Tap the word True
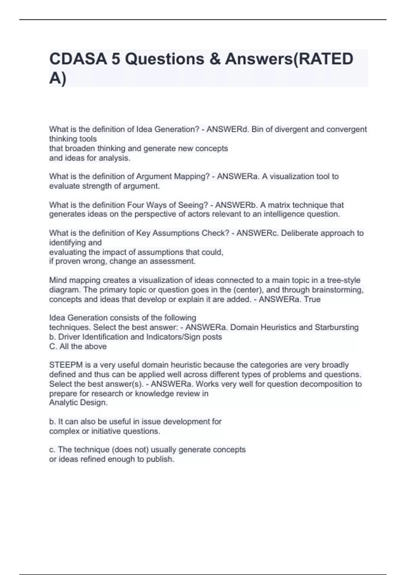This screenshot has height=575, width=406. click(x=312, y=299)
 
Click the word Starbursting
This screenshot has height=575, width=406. click(x=337, y=327)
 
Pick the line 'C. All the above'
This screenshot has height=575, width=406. click(x=78, y=346)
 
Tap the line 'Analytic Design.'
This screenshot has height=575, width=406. click(x=78, y=402)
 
